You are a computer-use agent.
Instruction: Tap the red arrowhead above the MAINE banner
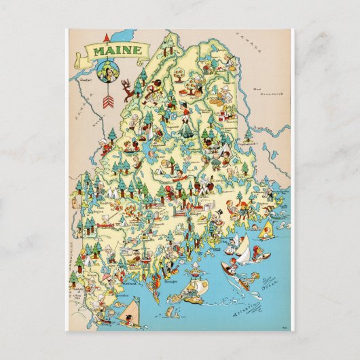(x=107, y=36)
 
